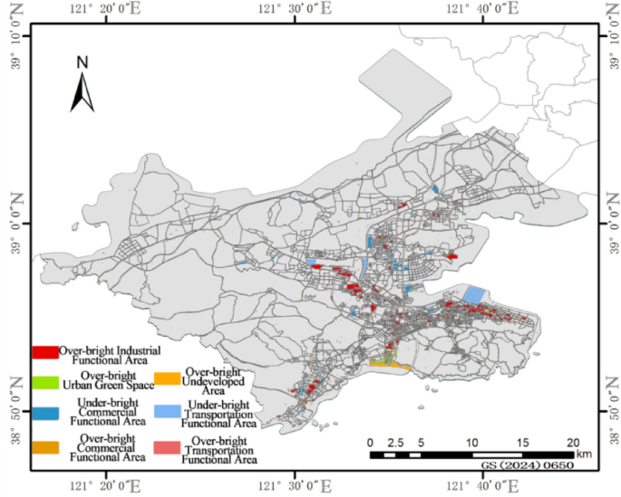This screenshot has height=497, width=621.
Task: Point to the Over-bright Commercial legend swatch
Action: pyautogui.click(x=44, y=447)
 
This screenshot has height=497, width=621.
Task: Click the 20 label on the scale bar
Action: pyautogui.click(x=572, y=442)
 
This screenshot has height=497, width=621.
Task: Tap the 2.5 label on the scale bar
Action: pyautogui.click(x=394, y=442)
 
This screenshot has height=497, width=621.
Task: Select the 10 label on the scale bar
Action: pyautogui.click(x=471, y=442)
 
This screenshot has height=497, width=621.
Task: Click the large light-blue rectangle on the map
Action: pyautogui.click(x=474, y=294)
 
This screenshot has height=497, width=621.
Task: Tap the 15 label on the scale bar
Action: pyautogui.click(x=522, y=442)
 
